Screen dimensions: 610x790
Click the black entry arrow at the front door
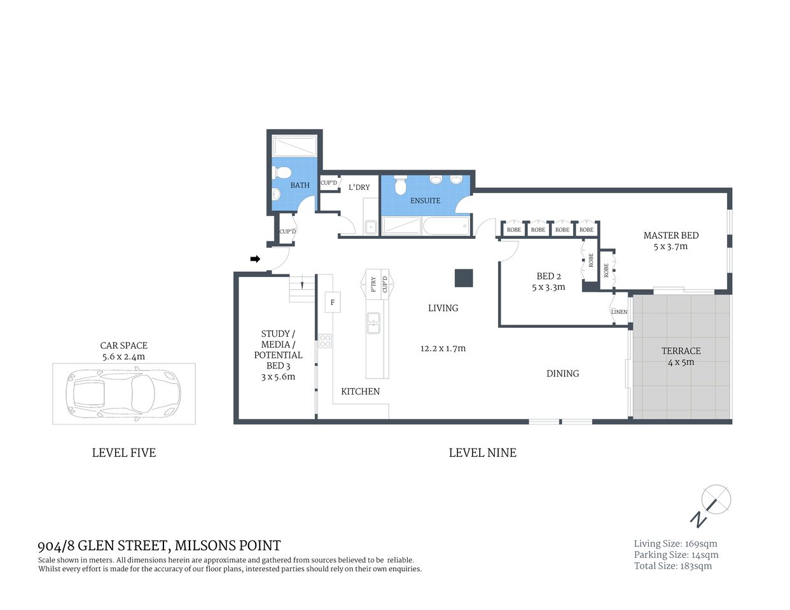click(255, 259)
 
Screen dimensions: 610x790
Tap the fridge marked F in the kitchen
click(332, 302)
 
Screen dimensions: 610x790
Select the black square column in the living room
click(464, 278)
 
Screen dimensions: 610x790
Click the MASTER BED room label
click(670, 236)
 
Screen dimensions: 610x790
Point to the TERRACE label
click(681, 351)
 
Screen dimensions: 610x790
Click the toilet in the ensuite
click(400, 185)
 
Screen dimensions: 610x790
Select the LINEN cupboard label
click(619, 312)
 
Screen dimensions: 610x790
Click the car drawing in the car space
click(124, 394)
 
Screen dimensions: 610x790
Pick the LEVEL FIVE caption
click(124, 452)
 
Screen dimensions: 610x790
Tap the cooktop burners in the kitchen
click(325, 341)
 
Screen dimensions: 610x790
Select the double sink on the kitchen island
click(373, 323)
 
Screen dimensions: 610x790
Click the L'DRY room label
click(359, 187)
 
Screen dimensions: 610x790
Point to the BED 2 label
click(548, 276)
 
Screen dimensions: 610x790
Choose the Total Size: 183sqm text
click(673, 566)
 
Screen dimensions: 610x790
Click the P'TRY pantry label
click(373, 284)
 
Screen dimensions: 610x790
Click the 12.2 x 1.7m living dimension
click(443, 348)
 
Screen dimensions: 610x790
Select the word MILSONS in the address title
click(204, 545)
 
